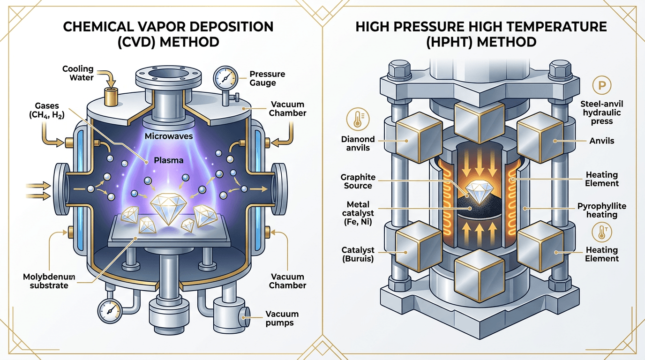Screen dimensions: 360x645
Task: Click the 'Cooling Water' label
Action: pyautogui.click(x=78, y=73)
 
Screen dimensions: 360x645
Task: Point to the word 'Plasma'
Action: pyautogui.click(x=167, y=160)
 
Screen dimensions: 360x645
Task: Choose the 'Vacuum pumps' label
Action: pyautogui.click(x=282, y=318)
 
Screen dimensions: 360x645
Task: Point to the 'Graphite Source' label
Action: pyautogui.click(x=359, y=181)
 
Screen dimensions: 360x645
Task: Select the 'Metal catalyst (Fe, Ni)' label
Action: pyautogui.click(x=358, y=213)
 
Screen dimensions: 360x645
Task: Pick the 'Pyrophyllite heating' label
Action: pyautogui.click(x=602, y=210)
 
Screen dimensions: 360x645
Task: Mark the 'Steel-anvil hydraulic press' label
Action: pyautogui.click(x=601, y=112)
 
